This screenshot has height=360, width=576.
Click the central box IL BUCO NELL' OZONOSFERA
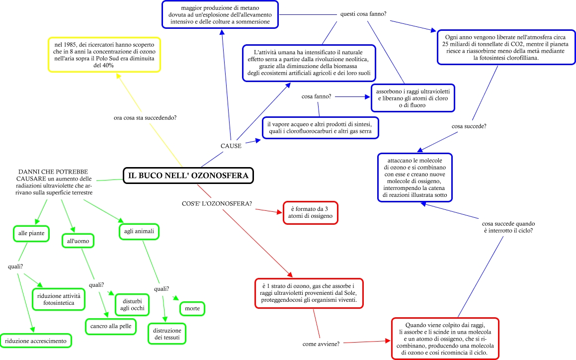(188, 175)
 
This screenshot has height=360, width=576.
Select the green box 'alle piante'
(31, 233)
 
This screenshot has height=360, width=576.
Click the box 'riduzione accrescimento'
(36, 341)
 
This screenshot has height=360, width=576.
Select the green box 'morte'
(192, 309)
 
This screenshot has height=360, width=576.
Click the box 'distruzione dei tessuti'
(167, 334)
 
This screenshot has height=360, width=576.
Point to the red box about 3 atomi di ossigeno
(311, 212)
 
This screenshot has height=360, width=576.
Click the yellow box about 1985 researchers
(104, 54)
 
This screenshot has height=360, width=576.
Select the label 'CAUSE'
(231, 146)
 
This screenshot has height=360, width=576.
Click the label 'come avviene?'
(322, 344)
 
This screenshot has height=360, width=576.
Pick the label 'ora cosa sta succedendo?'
(145, 118)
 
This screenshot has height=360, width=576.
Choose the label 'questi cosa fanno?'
(365, 14)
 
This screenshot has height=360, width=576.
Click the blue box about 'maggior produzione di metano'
(220, 14)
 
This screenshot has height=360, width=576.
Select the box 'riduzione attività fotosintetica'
(59, 299)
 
